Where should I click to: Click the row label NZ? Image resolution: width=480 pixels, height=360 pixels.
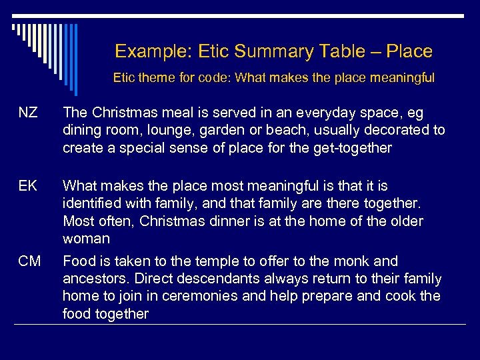(x=28, y=113)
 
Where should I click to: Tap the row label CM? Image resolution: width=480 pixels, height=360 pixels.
(x=29, y=261)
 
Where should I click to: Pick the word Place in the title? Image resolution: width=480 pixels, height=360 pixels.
(x=408, y=51)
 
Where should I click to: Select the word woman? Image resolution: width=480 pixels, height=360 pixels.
(x=85, y=238)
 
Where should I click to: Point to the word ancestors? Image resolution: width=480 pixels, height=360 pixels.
(x=93, y=279)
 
